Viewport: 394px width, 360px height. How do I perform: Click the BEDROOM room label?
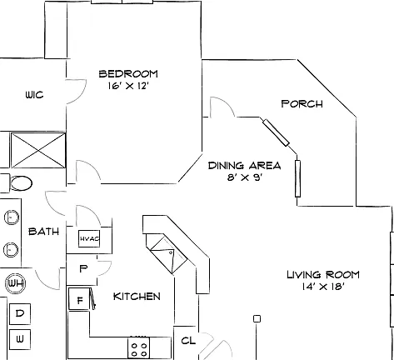(128, 74)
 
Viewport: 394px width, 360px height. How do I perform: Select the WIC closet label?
(34, 95)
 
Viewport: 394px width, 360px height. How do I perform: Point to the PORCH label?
(302, 104)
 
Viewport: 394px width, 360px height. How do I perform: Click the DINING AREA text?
(245, 166)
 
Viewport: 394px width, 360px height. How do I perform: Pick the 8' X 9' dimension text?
(245, 177)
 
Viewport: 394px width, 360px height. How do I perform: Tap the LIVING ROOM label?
(323, 275)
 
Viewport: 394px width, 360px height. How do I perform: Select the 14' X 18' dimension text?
(323, 287)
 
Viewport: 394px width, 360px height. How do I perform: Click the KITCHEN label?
(137, 297)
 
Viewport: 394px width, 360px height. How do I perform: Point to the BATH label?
(44, 232)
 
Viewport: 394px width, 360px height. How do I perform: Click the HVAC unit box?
(89, 238)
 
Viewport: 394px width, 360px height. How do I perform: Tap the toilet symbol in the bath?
(20, 183)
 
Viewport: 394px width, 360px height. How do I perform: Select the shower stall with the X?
(38, 150)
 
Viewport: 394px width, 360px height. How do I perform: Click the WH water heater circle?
(16, 283)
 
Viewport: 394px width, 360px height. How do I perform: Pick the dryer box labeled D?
(20, 314)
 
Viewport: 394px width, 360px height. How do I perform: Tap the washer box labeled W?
(20, 339)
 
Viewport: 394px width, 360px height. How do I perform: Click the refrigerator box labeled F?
(79, 299)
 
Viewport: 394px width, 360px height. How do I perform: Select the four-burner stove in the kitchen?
(138, 347)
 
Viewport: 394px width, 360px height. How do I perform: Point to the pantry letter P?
(83, 268)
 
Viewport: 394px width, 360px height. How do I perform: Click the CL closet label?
(188, 341)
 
